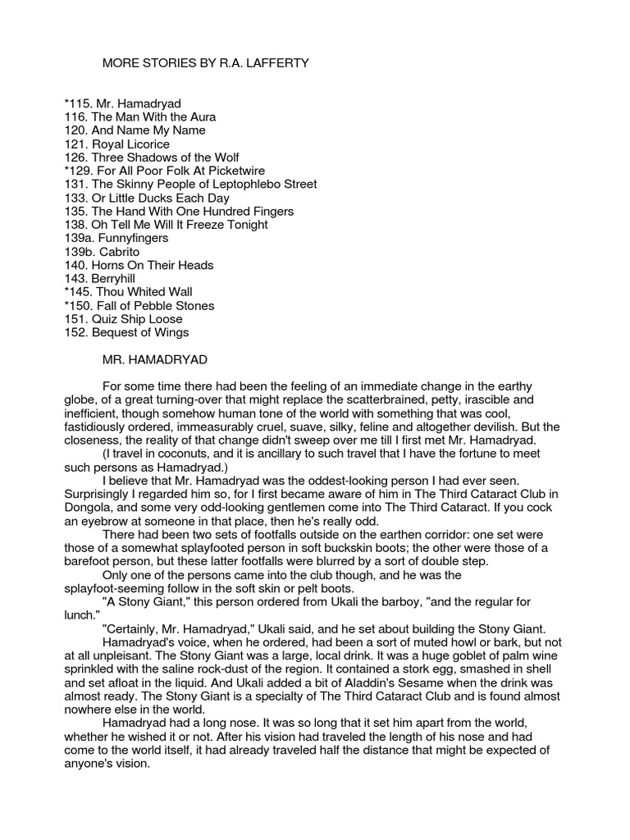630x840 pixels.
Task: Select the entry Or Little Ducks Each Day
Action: point(159,198)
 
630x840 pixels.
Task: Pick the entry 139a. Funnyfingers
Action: point(116,238)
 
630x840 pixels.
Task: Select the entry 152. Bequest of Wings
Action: point(126,332)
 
